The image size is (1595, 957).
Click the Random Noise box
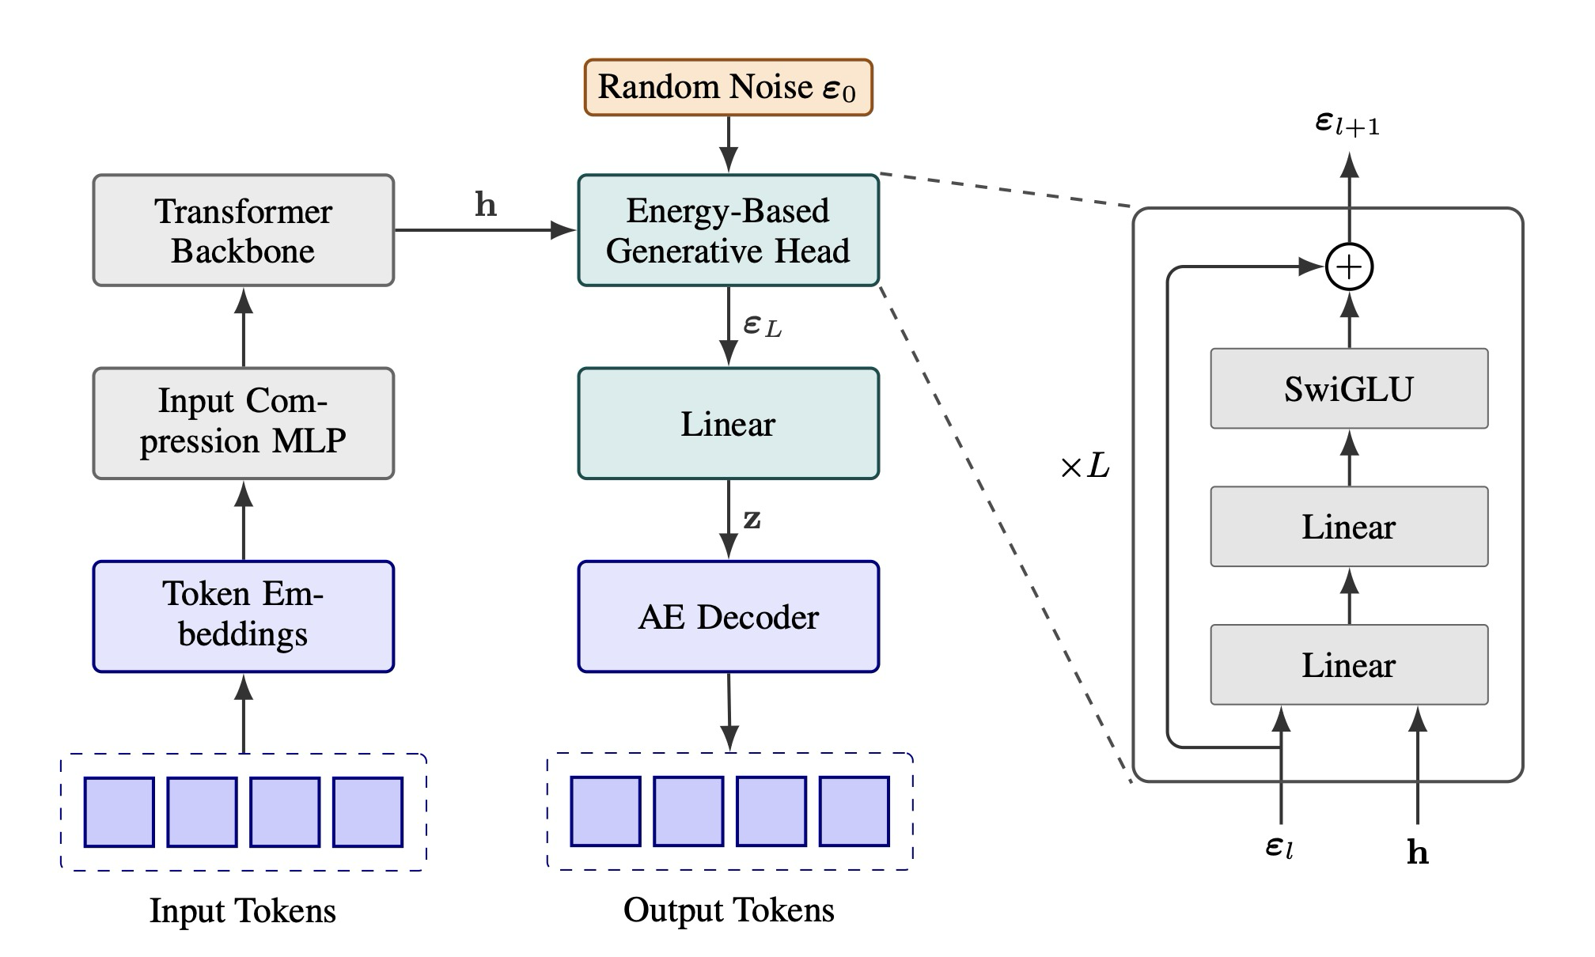click(x=728, y=87)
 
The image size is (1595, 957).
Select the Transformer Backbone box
click(x=243, y=230)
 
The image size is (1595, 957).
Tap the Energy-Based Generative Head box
click(x=728, y=230)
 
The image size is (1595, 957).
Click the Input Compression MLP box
click(x=243, y=423)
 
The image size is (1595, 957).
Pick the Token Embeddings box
click(x=243, y=616)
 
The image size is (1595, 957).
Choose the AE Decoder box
click(x=728, y=616)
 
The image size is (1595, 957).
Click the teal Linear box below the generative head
click(x=728, y=423)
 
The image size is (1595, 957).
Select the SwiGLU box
click(x=1349, y=388)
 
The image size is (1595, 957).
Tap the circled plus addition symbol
click(x=1349, y=267)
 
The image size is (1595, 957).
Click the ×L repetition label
click(x=1085, y=467)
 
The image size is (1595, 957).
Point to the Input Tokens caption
click(x=243, y=911)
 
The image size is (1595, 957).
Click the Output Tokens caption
click(x=728, y=910)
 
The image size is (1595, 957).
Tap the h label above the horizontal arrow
click(x=485, y=205)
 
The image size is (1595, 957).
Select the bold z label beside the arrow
click(x=752, y=520)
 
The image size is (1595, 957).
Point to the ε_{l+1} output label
click(x=1347, y=123)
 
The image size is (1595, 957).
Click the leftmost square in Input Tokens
click(x=119, y=812)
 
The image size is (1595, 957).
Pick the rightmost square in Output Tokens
click(x=854, y=811)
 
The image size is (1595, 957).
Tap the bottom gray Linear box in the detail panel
click(x=1349, y=664)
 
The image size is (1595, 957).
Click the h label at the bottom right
click(x=1418, y=853)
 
